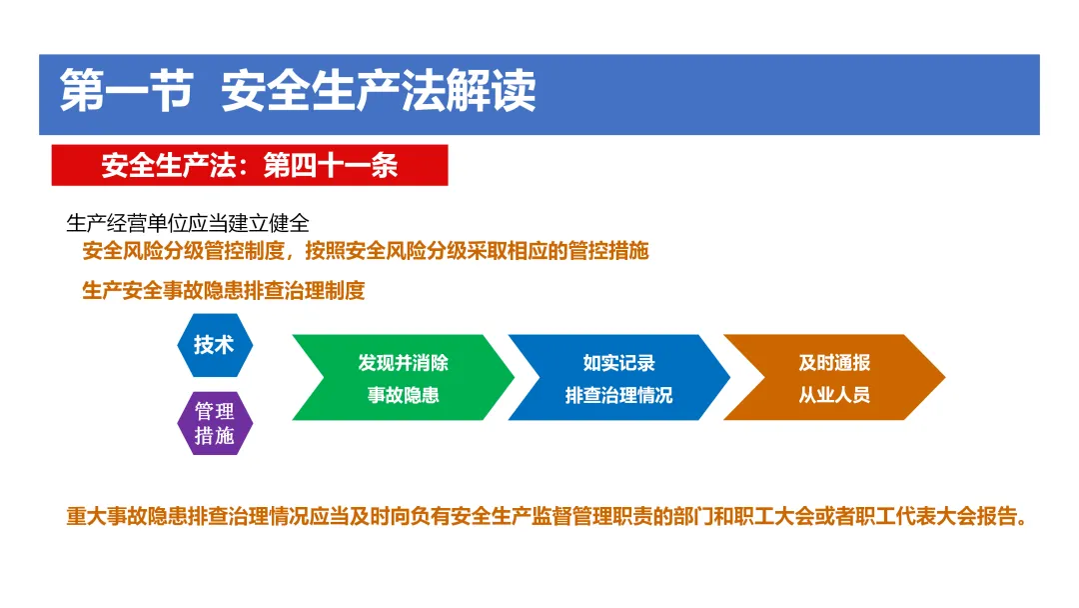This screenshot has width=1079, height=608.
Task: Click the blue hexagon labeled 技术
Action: (215, 345)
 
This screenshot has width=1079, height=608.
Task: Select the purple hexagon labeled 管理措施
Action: (215, 423)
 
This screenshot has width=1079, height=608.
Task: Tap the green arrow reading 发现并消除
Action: (404, 377)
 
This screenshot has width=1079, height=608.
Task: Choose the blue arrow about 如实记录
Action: (618, 377)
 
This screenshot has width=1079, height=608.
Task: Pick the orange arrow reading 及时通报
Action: (834, 377)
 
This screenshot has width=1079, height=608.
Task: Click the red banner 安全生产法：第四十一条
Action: (250, 165)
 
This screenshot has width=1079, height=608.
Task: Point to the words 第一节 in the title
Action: (126, 91)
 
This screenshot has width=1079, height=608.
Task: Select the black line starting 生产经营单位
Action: (188, 223)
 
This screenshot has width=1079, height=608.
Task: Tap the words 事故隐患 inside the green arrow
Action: (404, 395)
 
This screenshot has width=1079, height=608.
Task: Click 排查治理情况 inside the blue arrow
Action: (618, 395)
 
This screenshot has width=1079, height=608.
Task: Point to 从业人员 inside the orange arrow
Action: (834, 395)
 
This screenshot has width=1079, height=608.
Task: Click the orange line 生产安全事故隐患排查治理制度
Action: (224, 291)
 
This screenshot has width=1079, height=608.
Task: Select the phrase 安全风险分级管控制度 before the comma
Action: (183, 251)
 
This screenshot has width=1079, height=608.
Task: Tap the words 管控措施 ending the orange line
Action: (608, 251)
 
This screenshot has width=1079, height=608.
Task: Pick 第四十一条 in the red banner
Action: (331, 165)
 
